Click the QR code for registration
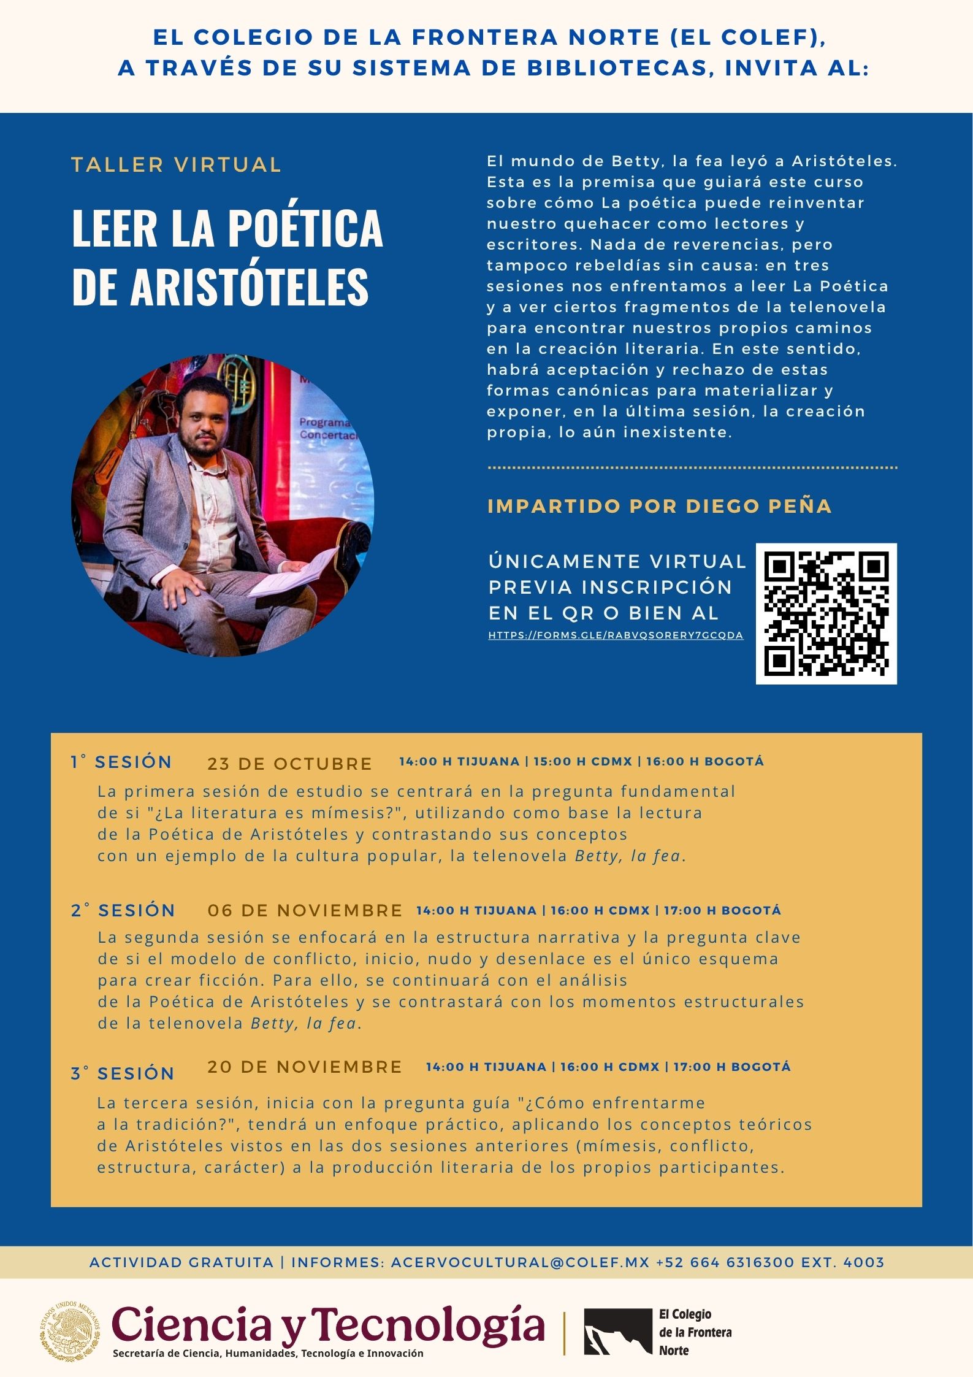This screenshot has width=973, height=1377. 826,613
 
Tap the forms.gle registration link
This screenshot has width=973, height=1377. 616,635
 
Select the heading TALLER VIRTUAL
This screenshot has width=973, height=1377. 177,165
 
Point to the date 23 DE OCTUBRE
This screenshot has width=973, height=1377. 289,764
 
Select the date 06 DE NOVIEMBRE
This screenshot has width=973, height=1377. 305,910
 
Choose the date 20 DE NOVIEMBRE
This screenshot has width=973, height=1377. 304,1067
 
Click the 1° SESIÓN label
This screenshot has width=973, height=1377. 121,762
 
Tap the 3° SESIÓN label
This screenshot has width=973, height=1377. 123,1073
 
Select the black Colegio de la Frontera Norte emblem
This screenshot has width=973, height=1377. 617,1332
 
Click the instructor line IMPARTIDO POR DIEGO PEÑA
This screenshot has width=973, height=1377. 659,506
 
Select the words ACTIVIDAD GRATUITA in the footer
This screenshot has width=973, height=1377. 181,1262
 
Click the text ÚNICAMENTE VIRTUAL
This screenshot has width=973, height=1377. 617,561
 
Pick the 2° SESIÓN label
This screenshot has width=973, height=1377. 123,910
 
